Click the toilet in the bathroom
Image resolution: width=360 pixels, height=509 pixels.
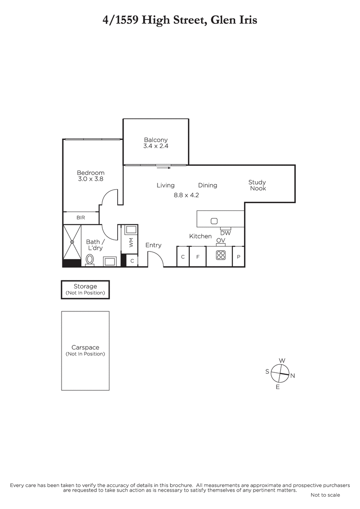pyautogui.click(x=90, y=260)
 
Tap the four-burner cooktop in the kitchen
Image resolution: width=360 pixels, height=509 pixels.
pyautogui.click(x=221, y=255)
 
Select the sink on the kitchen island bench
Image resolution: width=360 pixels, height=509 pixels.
pyautogui.click(x=214, y=221)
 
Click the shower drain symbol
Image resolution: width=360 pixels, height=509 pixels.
pyautogui.click(x=72, y=242)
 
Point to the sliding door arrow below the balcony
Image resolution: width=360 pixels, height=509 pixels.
pyautogui.click(x=164, y=168)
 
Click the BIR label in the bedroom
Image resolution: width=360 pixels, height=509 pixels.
pyautogui.click(x=81, y=218)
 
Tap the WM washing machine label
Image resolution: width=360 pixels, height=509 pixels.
pyautogui.click(x=131, y=242)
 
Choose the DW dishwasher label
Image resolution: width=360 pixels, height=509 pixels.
pyautogui.click(x=225, y=233)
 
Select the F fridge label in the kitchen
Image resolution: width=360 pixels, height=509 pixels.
pyautogui.click(x=198, y=257)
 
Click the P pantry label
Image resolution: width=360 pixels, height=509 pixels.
pyautogui.click(x=239, y=257)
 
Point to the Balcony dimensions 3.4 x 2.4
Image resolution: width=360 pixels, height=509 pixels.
pyautogui.click(x=156, y=146)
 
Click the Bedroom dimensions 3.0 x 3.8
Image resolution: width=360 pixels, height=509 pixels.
pyautogui.click(x=91, y=179)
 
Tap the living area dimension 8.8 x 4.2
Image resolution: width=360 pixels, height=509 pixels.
pyautogui.click(x=186, y=195)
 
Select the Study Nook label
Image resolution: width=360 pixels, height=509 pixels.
pyautogui.click(x=257, y=185)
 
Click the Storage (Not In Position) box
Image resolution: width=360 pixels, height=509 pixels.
pyautogui.click(x=85, y=289)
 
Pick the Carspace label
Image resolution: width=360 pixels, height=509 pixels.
pyautogui.click(x=85, y=347)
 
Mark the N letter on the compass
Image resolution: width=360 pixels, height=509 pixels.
pyautogui.click(x=292, y=376)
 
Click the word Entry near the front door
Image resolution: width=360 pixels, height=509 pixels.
pyautogui.click(x=154, y=245)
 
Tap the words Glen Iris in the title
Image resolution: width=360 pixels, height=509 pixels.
pyautogui.click(x=234, y=20)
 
